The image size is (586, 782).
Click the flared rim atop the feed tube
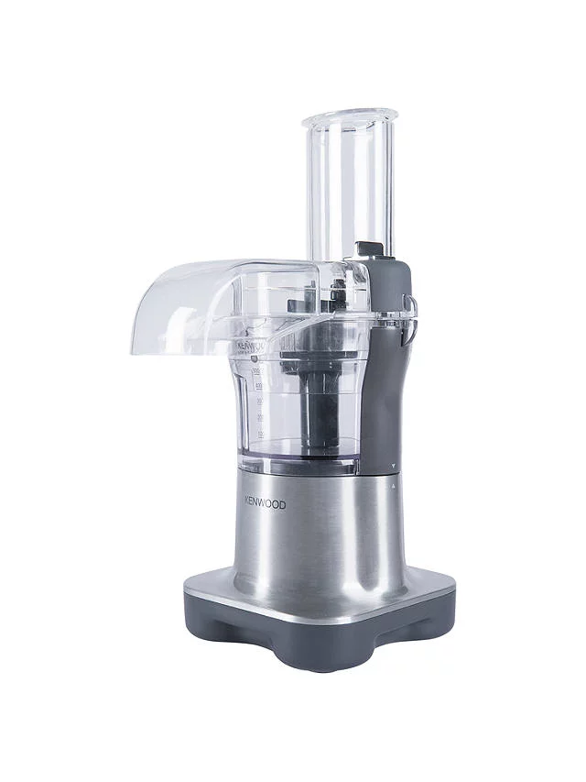[x=350, y=118]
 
